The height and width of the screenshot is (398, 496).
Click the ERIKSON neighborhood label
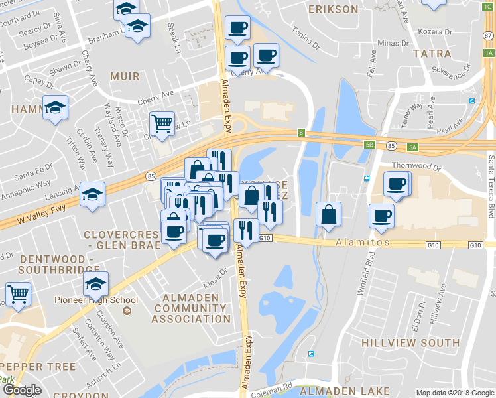tap(334, 9)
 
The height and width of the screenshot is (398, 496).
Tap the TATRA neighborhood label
tap(432, 53)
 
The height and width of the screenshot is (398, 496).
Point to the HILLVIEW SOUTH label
tap(410, 343)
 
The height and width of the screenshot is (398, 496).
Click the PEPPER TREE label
tap(32, 367)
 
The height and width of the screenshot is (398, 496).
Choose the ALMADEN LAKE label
tap(354, 392)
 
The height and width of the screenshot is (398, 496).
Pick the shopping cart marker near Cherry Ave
tap(162, 123)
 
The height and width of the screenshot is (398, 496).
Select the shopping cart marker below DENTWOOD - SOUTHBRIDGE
tap(19, 293)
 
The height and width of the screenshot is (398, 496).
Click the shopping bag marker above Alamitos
tap(329, 214)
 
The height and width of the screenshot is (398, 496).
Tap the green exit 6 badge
tap(301, 133)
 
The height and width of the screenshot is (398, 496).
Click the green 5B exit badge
tap(370, 144)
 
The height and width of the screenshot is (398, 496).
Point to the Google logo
tap(22, 391)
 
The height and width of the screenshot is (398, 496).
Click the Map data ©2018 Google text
tap(454, 392)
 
